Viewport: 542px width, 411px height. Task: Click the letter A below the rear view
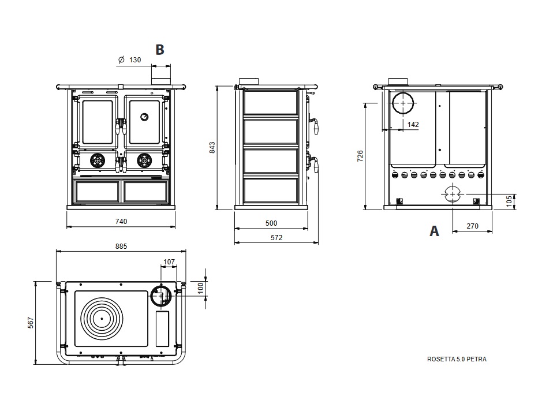434,231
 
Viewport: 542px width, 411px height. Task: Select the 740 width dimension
121,221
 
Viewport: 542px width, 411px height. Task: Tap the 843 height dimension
212,147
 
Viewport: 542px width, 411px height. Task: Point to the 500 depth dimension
271,223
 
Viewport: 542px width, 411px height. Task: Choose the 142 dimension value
413,124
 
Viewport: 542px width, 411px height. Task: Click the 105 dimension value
509,200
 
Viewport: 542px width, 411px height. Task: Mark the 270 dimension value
472,226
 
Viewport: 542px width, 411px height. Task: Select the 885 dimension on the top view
121,246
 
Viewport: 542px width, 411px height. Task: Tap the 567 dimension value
30,323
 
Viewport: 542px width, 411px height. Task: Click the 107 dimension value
169,262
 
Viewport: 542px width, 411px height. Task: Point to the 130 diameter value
134,59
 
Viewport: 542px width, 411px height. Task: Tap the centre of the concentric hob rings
102,318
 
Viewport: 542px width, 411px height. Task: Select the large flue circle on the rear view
403,103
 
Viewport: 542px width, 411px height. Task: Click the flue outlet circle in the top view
160,296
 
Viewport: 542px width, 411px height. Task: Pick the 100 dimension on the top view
200,287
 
